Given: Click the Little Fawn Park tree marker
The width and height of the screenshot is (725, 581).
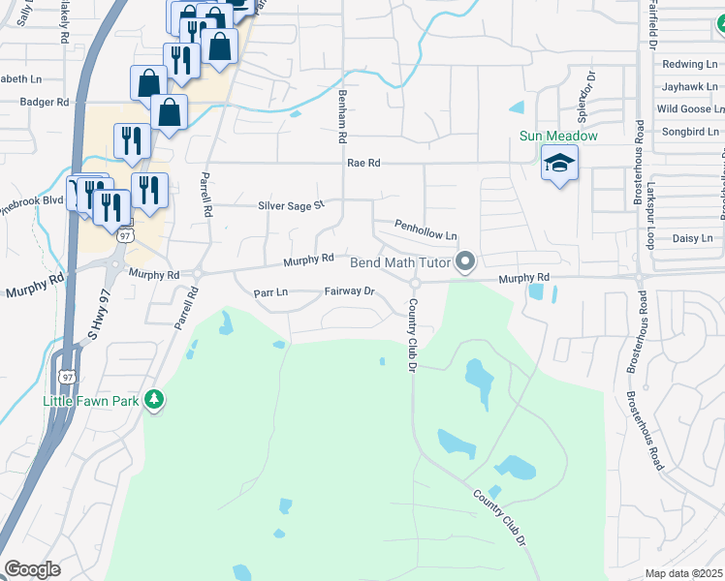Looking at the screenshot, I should [153, 399].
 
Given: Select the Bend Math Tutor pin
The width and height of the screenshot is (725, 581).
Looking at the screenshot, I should [466, 262].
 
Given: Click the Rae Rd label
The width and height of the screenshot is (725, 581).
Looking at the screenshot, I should [362, 164].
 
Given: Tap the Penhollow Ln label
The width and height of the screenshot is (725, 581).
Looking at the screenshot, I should [426, 230].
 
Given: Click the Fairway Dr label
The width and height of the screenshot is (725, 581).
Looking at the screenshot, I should [349, 290].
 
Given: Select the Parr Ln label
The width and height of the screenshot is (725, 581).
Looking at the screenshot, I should [270, 291].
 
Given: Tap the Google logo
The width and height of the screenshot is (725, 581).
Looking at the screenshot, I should [32, 569].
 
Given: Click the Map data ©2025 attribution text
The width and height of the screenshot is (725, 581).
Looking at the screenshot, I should [683, 573].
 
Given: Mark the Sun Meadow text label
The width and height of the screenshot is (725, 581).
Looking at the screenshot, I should [558, 137].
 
